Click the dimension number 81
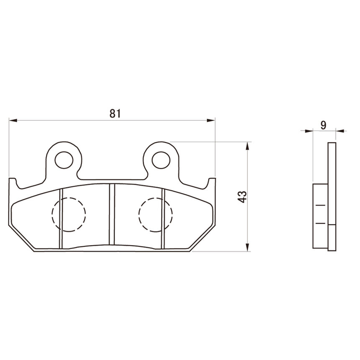[115, 113]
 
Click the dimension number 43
[243, 197]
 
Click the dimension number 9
[323, 125]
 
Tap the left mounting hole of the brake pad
[64, 160]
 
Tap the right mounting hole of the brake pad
[161, 160]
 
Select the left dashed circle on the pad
[69, 214]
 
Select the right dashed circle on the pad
[155, 215]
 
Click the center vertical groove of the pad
[112, 214]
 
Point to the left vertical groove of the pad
[61, 219]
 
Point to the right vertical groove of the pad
[163, 219]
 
